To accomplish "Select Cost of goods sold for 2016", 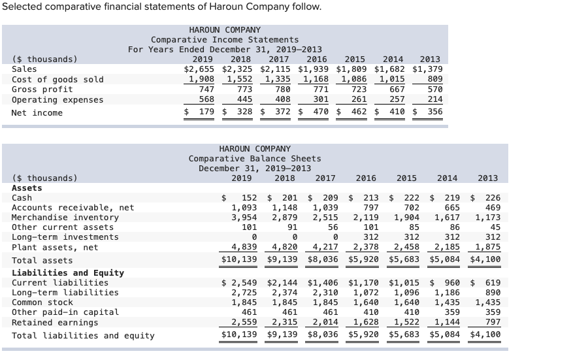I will pyautogui.click(x=316, y=80).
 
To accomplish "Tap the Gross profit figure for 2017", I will pyautogui.click(x=282, y=90).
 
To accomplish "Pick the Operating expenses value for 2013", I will pyautogui.click(x=434, y=100).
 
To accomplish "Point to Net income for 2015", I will pyautogui.click(x=353, y=112).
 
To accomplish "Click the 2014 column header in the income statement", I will pyautogui.click(x=393, y=59).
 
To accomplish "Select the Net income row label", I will pyautogui.click(x=37, y=113).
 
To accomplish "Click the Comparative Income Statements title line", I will pyautogui.click(x=225, y=40).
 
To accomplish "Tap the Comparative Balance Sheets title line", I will pyautogui.click(x=255, y=159).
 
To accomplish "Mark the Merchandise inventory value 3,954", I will pyautogui.click(x=244, y=218).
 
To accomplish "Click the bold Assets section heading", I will pyautogui.click(x=27, y=188).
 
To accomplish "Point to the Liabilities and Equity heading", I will pyautogui.click(x=68, y=273).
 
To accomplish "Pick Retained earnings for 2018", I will pyautogui.click(x=284, y=322).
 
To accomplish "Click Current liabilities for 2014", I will pyautogui.click(x=447, y=283).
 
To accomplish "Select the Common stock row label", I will pyautogui.click(x=42, y=303).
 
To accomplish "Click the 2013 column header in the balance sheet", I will pyautogui.click(x=487, y=178).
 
